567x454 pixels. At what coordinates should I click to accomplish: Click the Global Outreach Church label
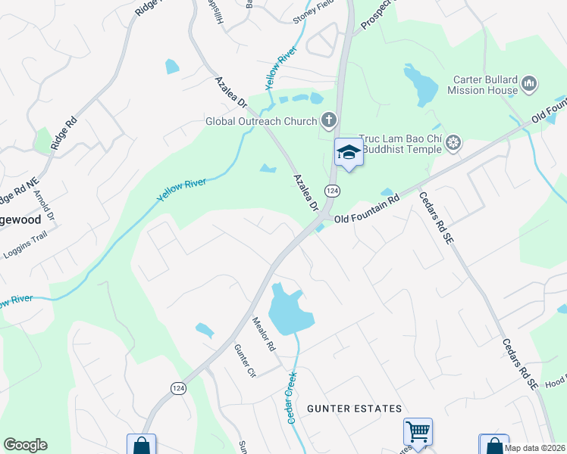262,121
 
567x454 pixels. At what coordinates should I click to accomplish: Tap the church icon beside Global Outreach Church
328,119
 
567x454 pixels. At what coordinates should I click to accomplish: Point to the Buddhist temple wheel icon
453,142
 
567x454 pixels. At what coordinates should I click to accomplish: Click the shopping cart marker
418,432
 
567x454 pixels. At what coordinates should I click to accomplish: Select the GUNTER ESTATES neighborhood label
355,409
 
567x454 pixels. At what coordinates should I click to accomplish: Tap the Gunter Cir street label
246,362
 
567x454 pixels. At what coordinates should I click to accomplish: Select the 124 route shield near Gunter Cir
178,388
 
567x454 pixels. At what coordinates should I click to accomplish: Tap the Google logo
25,445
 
